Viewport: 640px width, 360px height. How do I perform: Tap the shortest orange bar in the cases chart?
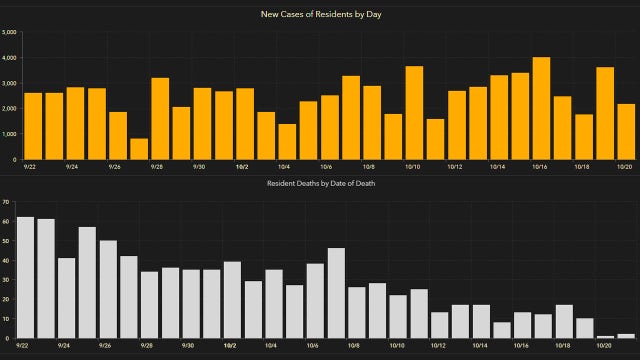point(139,149)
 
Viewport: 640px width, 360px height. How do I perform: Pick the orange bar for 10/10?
point(414,113)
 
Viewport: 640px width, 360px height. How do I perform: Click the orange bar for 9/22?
point(32,126)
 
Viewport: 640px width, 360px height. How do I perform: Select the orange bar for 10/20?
point(626,132)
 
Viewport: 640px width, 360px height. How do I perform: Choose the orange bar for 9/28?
point(160,118)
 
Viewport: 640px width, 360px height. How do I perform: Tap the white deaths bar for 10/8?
point(357,312)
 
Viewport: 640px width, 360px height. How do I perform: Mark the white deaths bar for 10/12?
point(439,325)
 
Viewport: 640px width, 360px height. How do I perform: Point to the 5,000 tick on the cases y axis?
point(9,32)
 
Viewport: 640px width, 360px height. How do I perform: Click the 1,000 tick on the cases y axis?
point(9,134)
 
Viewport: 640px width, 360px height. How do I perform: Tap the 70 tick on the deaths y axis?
point(6,203)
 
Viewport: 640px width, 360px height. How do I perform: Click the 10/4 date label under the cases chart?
point(285,167)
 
